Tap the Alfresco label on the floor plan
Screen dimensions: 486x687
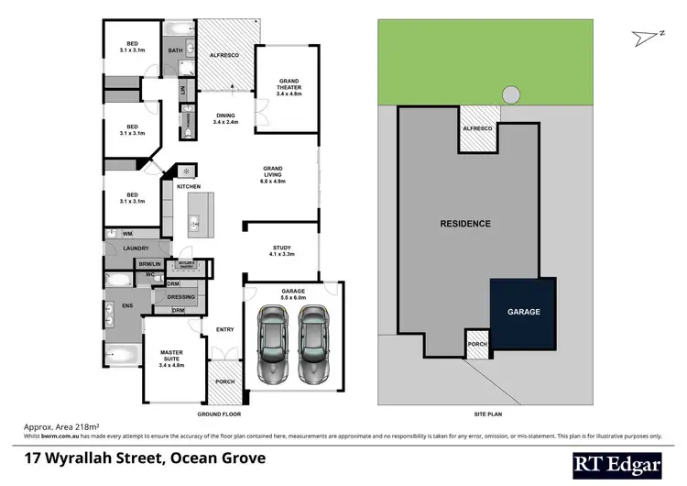point(224,56)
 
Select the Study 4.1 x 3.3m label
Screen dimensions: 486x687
point(281,250)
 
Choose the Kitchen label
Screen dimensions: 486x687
point(188,187)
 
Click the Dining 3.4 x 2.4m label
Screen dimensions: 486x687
point(225,118)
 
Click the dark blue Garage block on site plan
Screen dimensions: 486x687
point(524,313)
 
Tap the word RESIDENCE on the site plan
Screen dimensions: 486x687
point(465,224)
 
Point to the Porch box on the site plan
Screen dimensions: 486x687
point(478,345)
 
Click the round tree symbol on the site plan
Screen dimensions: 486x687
point(509,94)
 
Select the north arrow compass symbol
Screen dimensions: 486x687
point(649,36)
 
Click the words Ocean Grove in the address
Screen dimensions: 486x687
point(224,458)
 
